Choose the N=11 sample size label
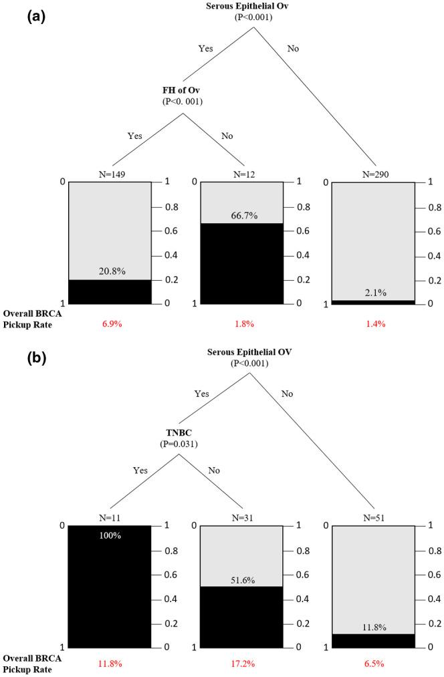tap(110, 518)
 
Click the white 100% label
tap(110, 536)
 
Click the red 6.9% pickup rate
tap(110, 324)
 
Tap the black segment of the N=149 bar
tap(110, 292)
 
